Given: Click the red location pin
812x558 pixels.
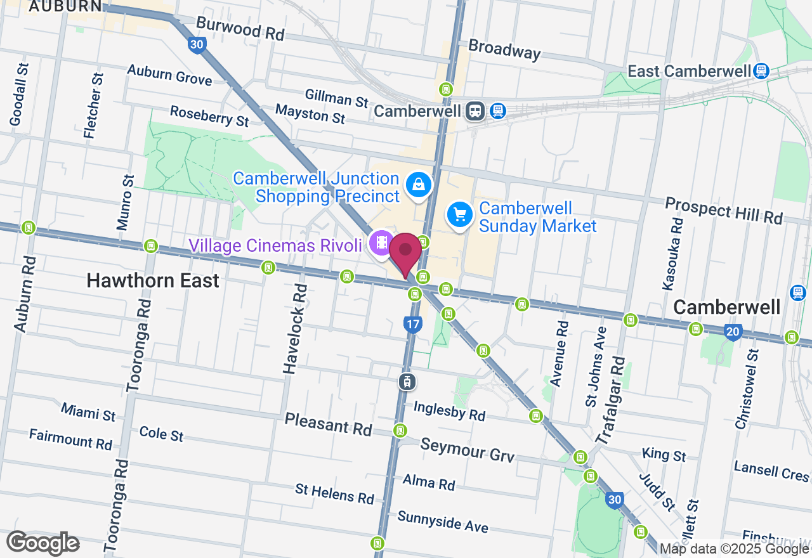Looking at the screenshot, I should (405, 252).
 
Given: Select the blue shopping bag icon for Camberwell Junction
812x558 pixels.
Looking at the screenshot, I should (419, 185).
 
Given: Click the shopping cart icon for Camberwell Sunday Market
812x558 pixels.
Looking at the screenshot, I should (460, 215).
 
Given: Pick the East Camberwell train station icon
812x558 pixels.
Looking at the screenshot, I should (762, 71).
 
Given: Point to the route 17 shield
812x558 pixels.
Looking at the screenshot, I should (412, 325).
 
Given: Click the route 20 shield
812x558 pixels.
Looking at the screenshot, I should (733, 332).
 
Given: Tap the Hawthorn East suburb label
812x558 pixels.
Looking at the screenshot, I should (153, 280).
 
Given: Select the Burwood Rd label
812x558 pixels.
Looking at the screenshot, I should (240, 29).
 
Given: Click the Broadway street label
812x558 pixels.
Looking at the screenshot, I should (504, 49).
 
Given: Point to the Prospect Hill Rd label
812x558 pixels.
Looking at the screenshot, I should (724, 210).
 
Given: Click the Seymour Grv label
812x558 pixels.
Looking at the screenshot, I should (467, 450).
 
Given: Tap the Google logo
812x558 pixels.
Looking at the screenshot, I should (43, 543).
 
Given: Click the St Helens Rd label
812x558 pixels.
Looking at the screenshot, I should (334, 493).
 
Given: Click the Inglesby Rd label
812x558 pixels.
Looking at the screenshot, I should (449, 410).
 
